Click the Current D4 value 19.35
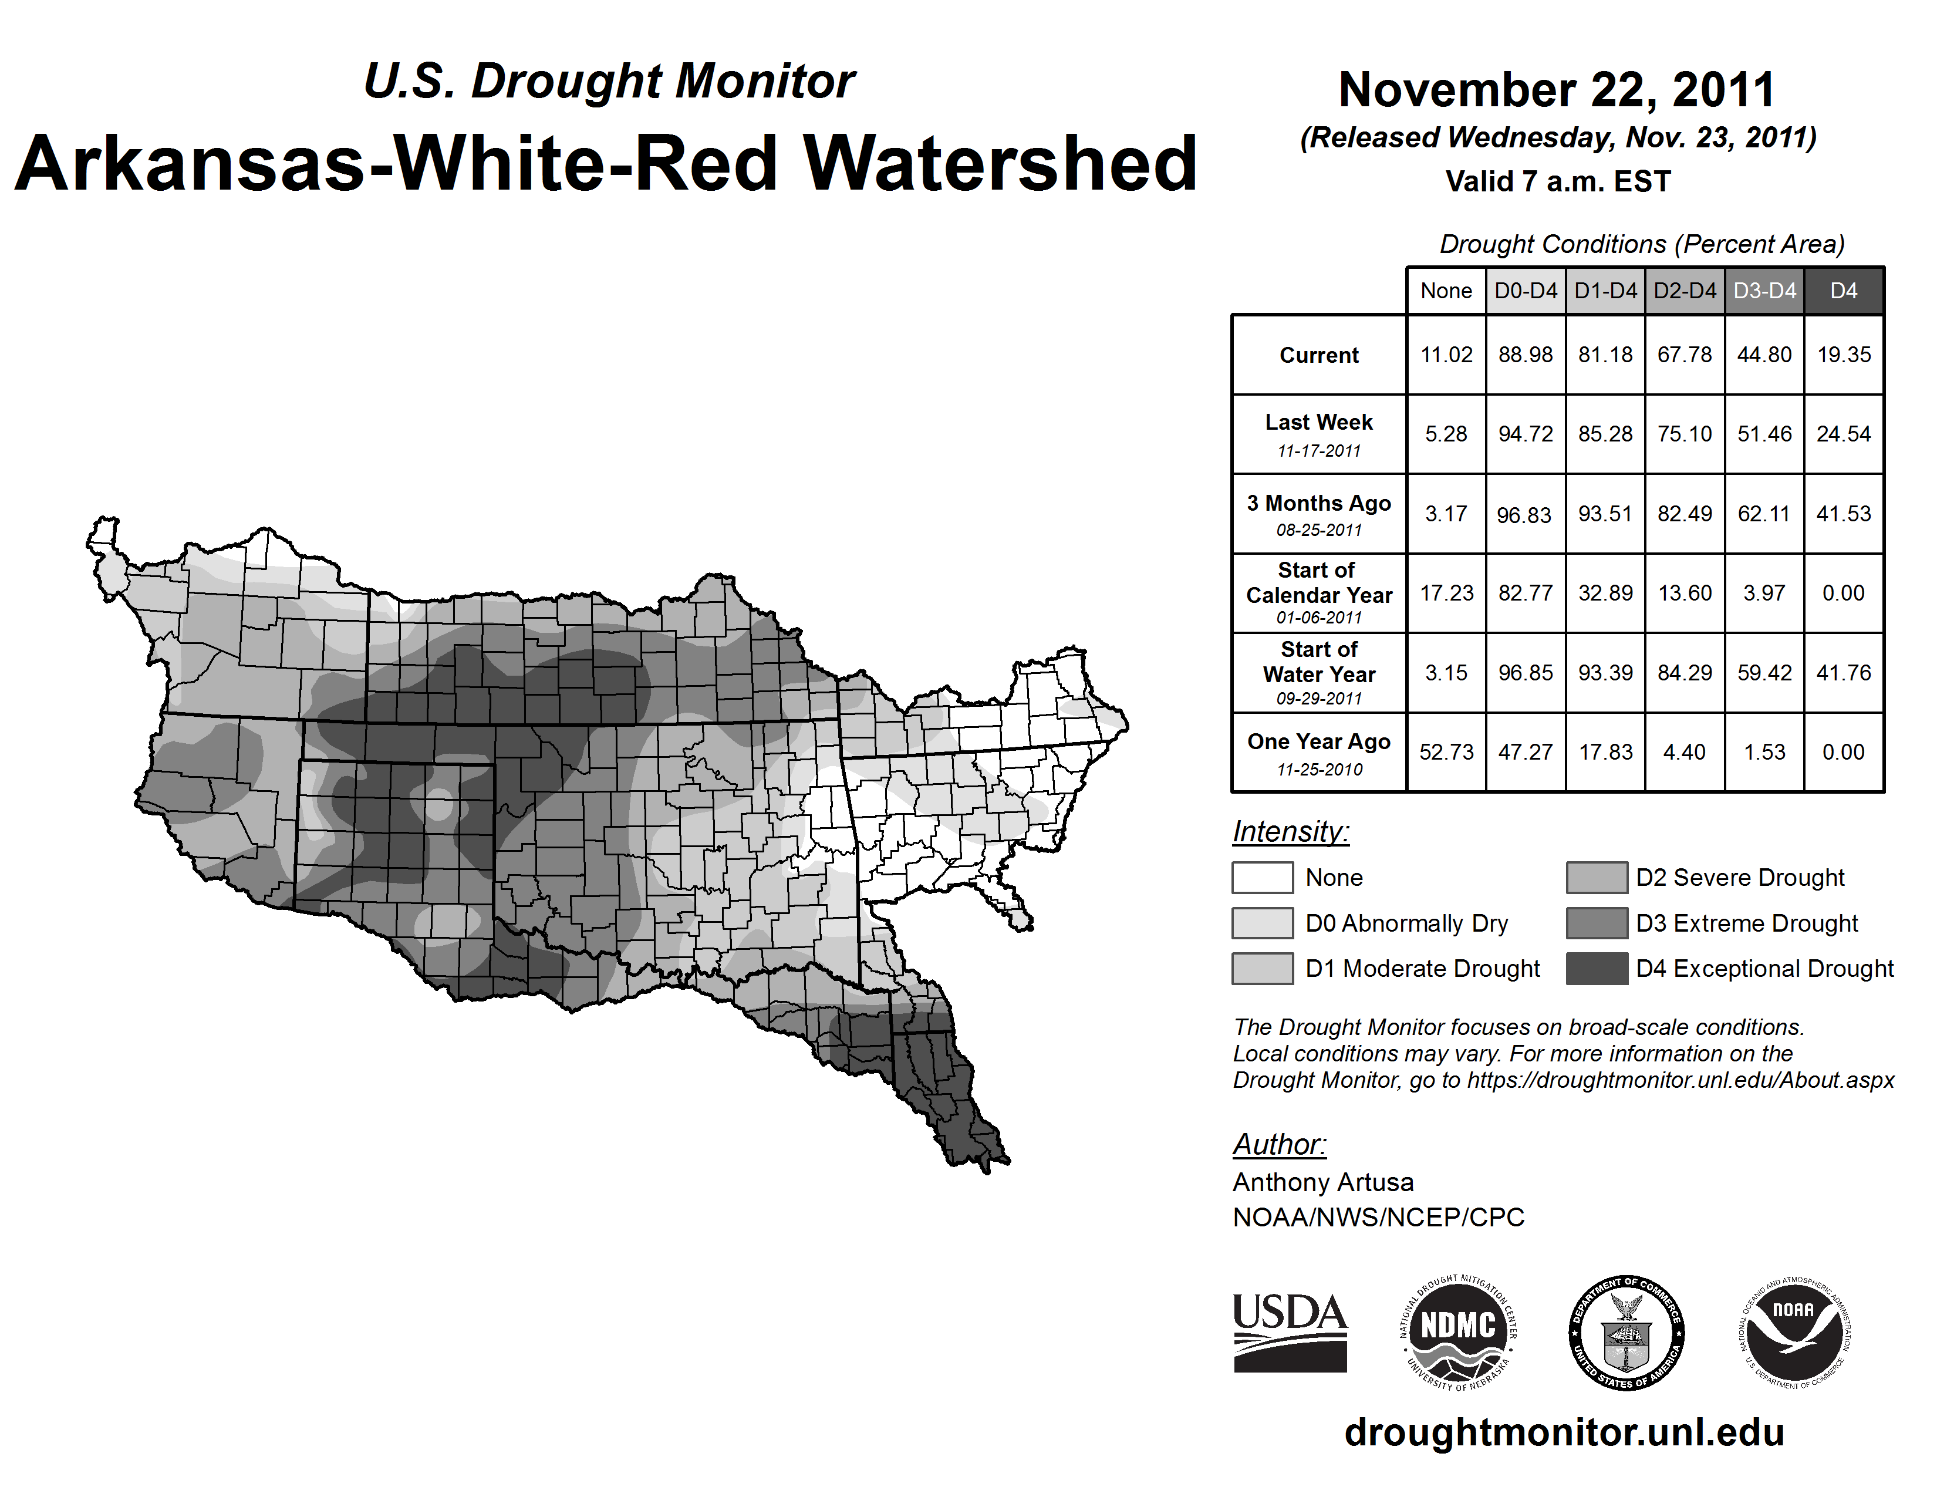(x=1843, y=355)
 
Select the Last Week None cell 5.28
(x=1446, y=434)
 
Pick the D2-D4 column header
(x=1684, y=291)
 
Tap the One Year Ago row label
(x=1319, y=752)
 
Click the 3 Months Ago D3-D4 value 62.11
(x=1764, y=514)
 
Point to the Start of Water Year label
(x=1319, y=672)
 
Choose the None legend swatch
(x=1262, y=877)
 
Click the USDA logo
(x=1290, y=1332)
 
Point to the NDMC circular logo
(x=1458, y=1332)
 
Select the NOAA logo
(x=1793, y=1332)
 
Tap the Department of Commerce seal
(x=1626, y=1332)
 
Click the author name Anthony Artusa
(x=1323, y=1182)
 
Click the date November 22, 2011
(x=1557, y=90)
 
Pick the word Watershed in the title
(x=1000, y=163)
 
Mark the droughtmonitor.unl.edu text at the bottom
(x=1564, y=1432)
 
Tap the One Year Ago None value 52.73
(x=1446, y=752)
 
